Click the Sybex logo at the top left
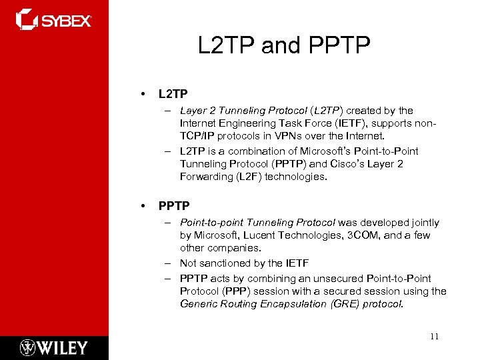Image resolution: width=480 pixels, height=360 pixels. tap(53, 19)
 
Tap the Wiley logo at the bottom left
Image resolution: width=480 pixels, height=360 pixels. tap(53, 347)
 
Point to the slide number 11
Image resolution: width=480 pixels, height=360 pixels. tap(434, 337)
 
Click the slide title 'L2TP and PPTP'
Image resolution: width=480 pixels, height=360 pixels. tap(283, 45)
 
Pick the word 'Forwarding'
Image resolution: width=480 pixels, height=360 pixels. tap(203, 176)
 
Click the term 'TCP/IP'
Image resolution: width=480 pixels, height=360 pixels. tap(197, 136)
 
